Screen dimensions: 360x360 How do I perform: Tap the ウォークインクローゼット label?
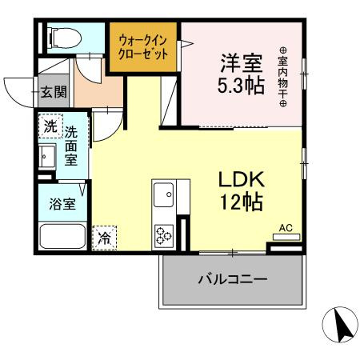(143, 47)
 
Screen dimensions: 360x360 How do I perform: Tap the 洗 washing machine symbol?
(49, 126)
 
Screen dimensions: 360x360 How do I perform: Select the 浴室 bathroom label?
(62, 203)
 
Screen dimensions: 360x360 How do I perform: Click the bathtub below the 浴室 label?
(62, 238)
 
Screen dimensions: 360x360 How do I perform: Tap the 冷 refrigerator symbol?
(104, 237)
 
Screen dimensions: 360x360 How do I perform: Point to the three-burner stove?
(165, 234)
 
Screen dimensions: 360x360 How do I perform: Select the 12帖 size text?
(242, 202)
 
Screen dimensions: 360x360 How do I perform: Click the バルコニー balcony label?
(232, 280)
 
